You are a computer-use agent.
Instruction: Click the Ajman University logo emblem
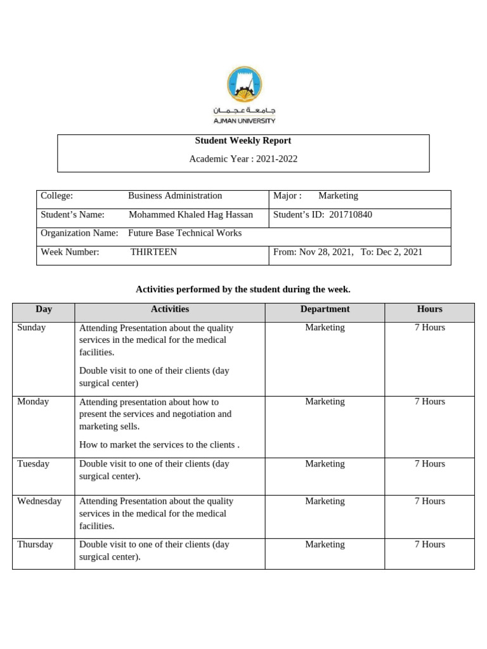tap(244, 85)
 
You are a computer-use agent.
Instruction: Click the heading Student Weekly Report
tap(243, 141)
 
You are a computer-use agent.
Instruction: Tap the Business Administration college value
tap(175, 196)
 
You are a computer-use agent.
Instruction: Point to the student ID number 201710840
tap(351, 215)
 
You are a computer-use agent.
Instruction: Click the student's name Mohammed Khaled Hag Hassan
tap(190, 215)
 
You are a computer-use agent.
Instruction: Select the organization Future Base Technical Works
tap(185, 233)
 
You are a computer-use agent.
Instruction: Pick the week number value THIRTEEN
tap(153, 252)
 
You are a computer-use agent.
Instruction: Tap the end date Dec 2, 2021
tap(399, 252)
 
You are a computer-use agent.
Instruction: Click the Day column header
tap(44, 309)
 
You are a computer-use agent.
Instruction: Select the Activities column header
tap(170, 309)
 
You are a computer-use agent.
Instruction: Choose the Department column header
tap(325, 309)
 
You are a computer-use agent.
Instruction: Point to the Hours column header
tap(429, 309)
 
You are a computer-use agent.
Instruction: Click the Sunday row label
tap(32, 328)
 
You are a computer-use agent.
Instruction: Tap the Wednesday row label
tap(39, 501)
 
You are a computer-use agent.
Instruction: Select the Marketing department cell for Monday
tap(325, 402)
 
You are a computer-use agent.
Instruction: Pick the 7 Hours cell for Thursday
tap(429, 544)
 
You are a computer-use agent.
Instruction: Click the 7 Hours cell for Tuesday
tap(429, 464)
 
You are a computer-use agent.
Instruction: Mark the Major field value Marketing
tap(338, 196)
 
